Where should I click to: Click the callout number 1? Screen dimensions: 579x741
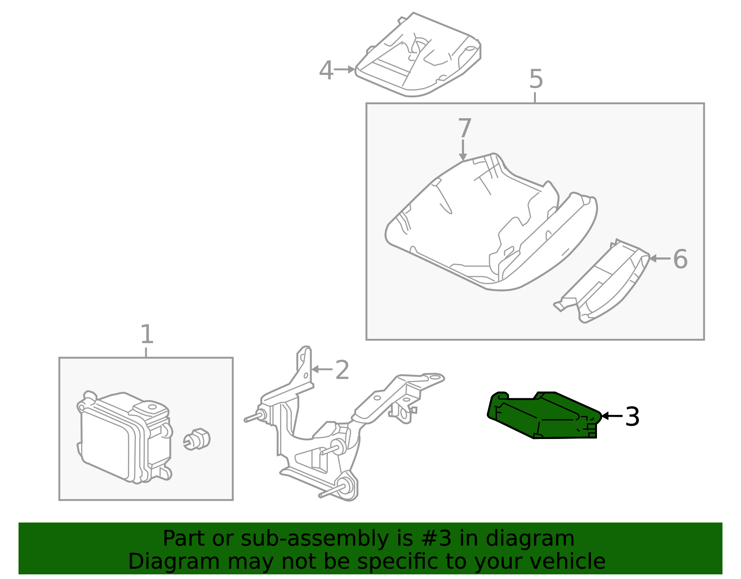(146, 335)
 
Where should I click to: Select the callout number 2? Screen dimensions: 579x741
(342, 370)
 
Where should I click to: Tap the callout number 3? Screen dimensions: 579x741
(632, 417)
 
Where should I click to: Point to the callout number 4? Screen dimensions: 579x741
(326, 71)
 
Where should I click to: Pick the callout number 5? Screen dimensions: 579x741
(535, 79)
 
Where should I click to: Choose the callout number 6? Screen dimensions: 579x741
(680, 259)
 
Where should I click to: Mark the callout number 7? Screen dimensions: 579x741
(465, 128)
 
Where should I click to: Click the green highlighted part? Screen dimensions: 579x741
(542, 415)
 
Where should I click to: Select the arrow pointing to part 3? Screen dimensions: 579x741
(611, 416)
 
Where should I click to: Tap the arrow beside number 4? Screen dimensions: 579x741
(345, 70)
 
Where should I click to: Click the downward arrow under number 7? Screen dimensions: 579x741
(463, 150)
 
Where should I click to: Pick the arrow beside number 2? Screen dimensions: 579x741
(322, 369)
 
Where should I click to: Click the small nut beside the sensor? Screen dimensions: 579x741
(197, 439)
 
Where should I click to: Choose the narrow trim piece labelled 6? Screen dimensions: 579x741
(607, 283)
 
